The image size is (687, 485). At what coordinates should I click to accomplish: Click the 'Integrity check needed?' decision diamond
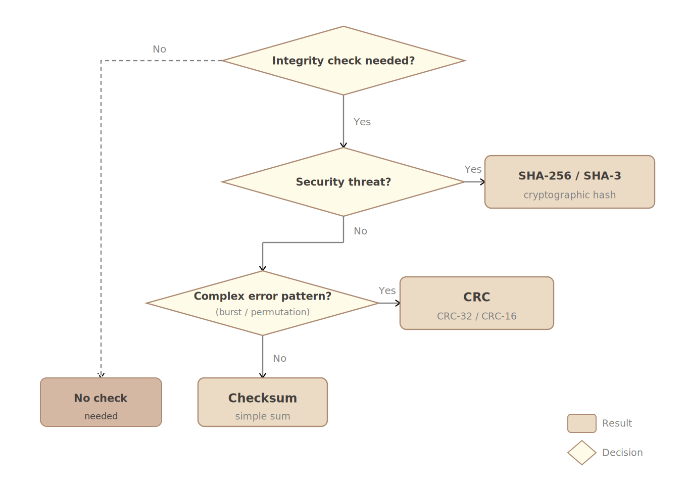[343, 61]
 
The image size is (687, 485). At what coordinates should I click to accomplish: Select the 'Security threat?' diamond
[343, 182]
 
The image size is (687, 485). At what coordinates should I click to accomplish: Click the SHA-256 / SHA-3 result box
[569, 182]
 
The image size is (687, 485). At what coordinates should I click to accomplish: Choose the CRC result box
[476, 303]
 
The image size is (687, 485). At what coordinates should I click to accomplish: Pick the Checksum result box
[263, 402]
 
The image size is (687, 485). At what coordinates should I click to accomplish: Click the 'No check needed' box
[101, 402]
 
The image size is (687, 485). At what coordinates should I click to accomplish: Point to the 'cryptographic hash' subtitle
[569, 195]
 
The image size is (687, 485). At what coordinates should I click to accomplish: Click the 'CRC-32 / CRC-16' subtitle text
[476, 316]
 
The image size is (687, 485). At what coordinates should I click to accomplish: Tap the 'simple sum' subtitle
[263, 416]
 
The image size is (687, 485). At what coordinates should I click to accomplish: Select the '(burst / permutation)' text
[263, 312]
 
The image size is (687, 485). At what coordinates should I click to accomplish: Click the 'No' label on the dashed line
[159, 50]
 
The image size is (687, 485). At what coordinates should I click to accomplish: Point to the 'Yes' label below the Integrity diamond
[362, 122]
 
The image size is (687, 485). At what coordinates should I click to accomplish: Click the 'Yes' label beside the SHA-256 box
[473, 170]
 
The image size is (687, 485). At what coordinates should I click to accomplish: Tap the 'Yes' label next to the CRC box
[387, 291]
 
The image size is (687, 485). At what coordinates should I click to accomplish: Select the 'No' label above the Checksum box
[279, 359]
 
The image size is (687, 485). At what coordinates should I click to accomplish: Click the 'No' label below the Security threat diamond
[360, 231]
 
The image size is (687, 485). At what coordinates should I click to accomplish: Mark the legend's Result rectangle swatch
[581, 423]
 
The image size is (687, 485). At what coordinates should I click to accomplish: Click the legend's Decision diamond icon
[581, 453]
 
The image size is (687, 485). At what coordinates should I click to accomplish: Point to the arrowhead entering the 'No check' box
[101, 375]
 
